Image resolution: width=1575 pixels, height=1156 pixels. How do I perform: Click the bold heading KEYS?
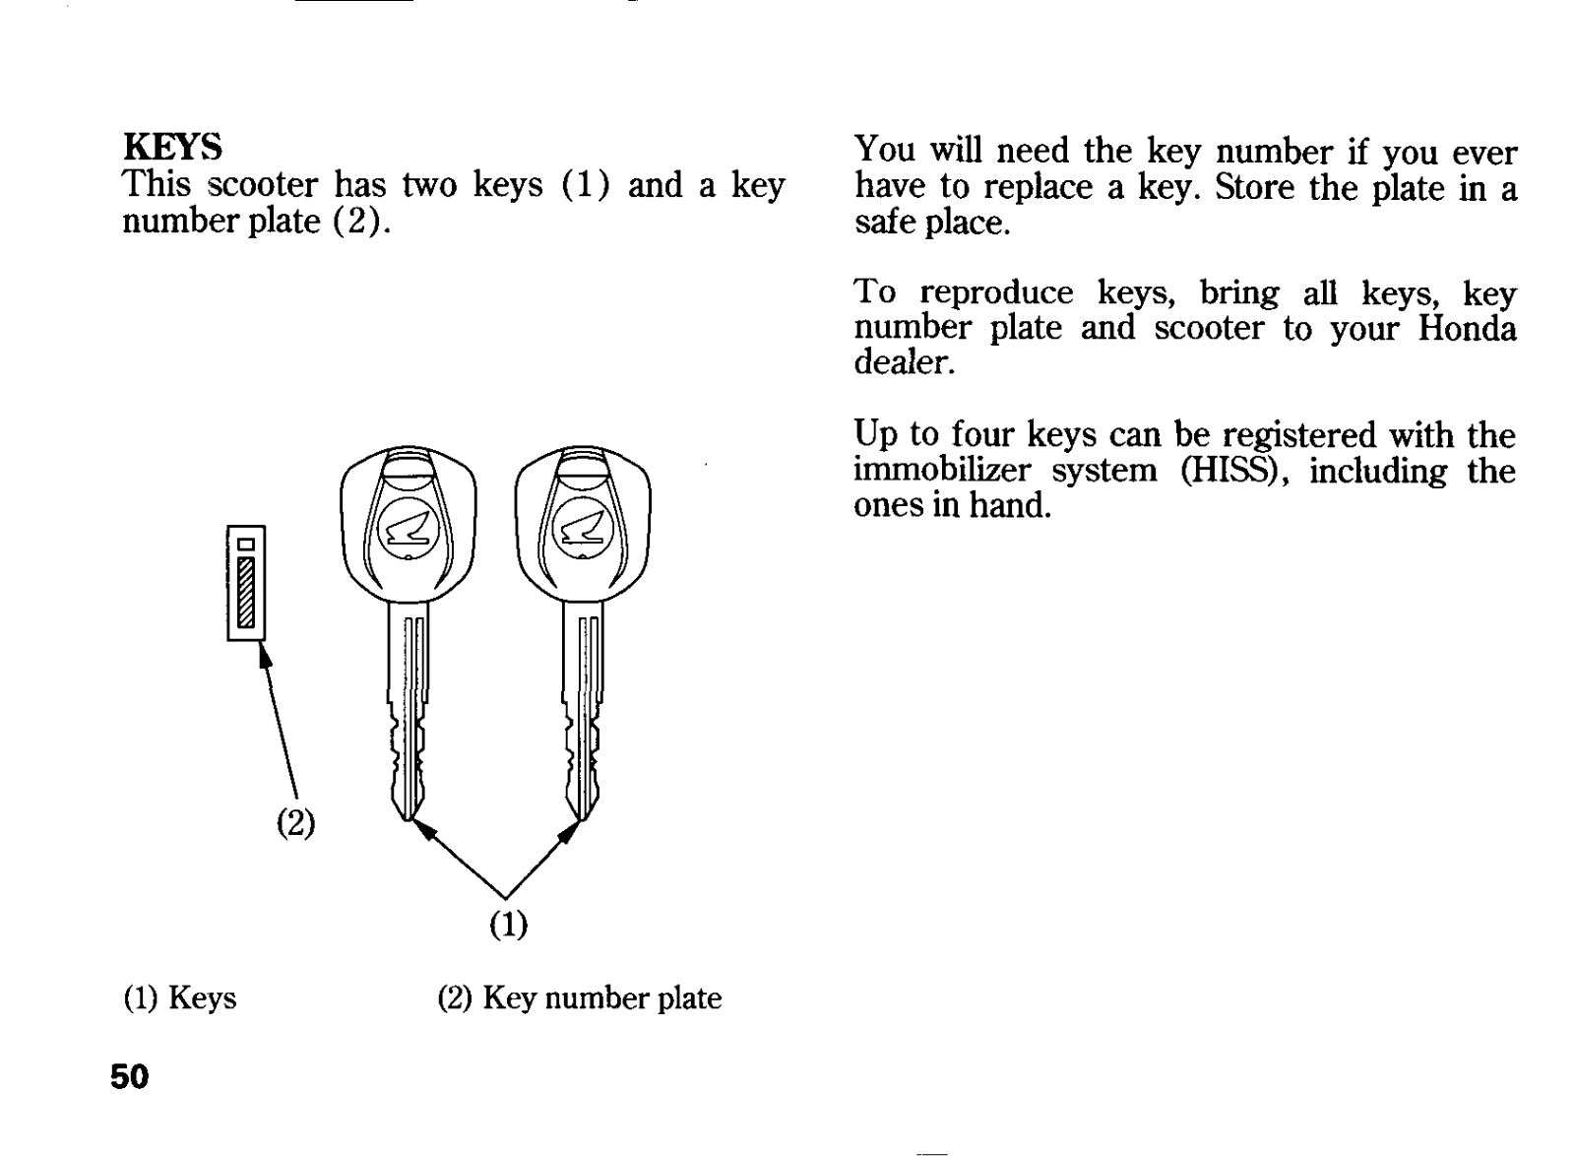coord(172,147)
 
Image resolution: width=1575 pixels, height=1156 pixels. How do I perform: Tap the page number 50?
coord(129,1076)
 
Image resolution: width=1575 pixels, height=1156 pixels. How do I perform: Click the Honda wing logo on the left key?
coord(409,529)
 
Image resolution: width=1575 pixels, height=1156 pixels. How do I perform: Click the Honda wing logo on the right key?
coord(583,529)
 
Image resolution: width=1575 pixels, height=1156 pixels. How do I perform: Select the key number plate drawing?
coord(246,583)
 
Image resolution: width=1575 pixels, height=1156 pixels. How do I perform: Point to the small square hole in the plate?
coord(246,545)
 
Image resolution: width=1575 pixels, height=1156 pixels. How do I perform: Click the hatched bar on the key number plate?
coord(246,592)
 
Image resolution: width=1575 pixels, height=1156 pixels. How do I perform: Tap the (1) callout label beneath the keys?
coord(508,924)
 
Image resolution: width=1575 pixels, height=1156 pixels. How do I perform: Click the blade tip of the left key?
coord(408,819)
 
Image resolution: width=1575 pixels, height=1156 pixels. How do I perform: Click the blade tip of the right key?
coord(582,819)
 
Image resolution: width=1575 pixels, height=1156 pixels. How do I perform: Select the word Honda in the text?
coord(1467,328)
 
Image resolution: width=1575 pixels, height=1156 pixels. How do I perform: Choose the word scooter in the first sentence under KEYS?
coord(263,185)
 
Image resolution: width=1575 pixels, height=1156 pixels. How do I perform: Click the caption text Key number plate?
coord(601,998)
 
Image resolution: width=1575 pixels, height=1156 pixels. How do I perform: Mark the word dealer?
coord(905,362)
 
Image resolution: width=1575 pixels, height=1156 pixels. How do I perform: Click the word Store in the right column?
coord(1254,187)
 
